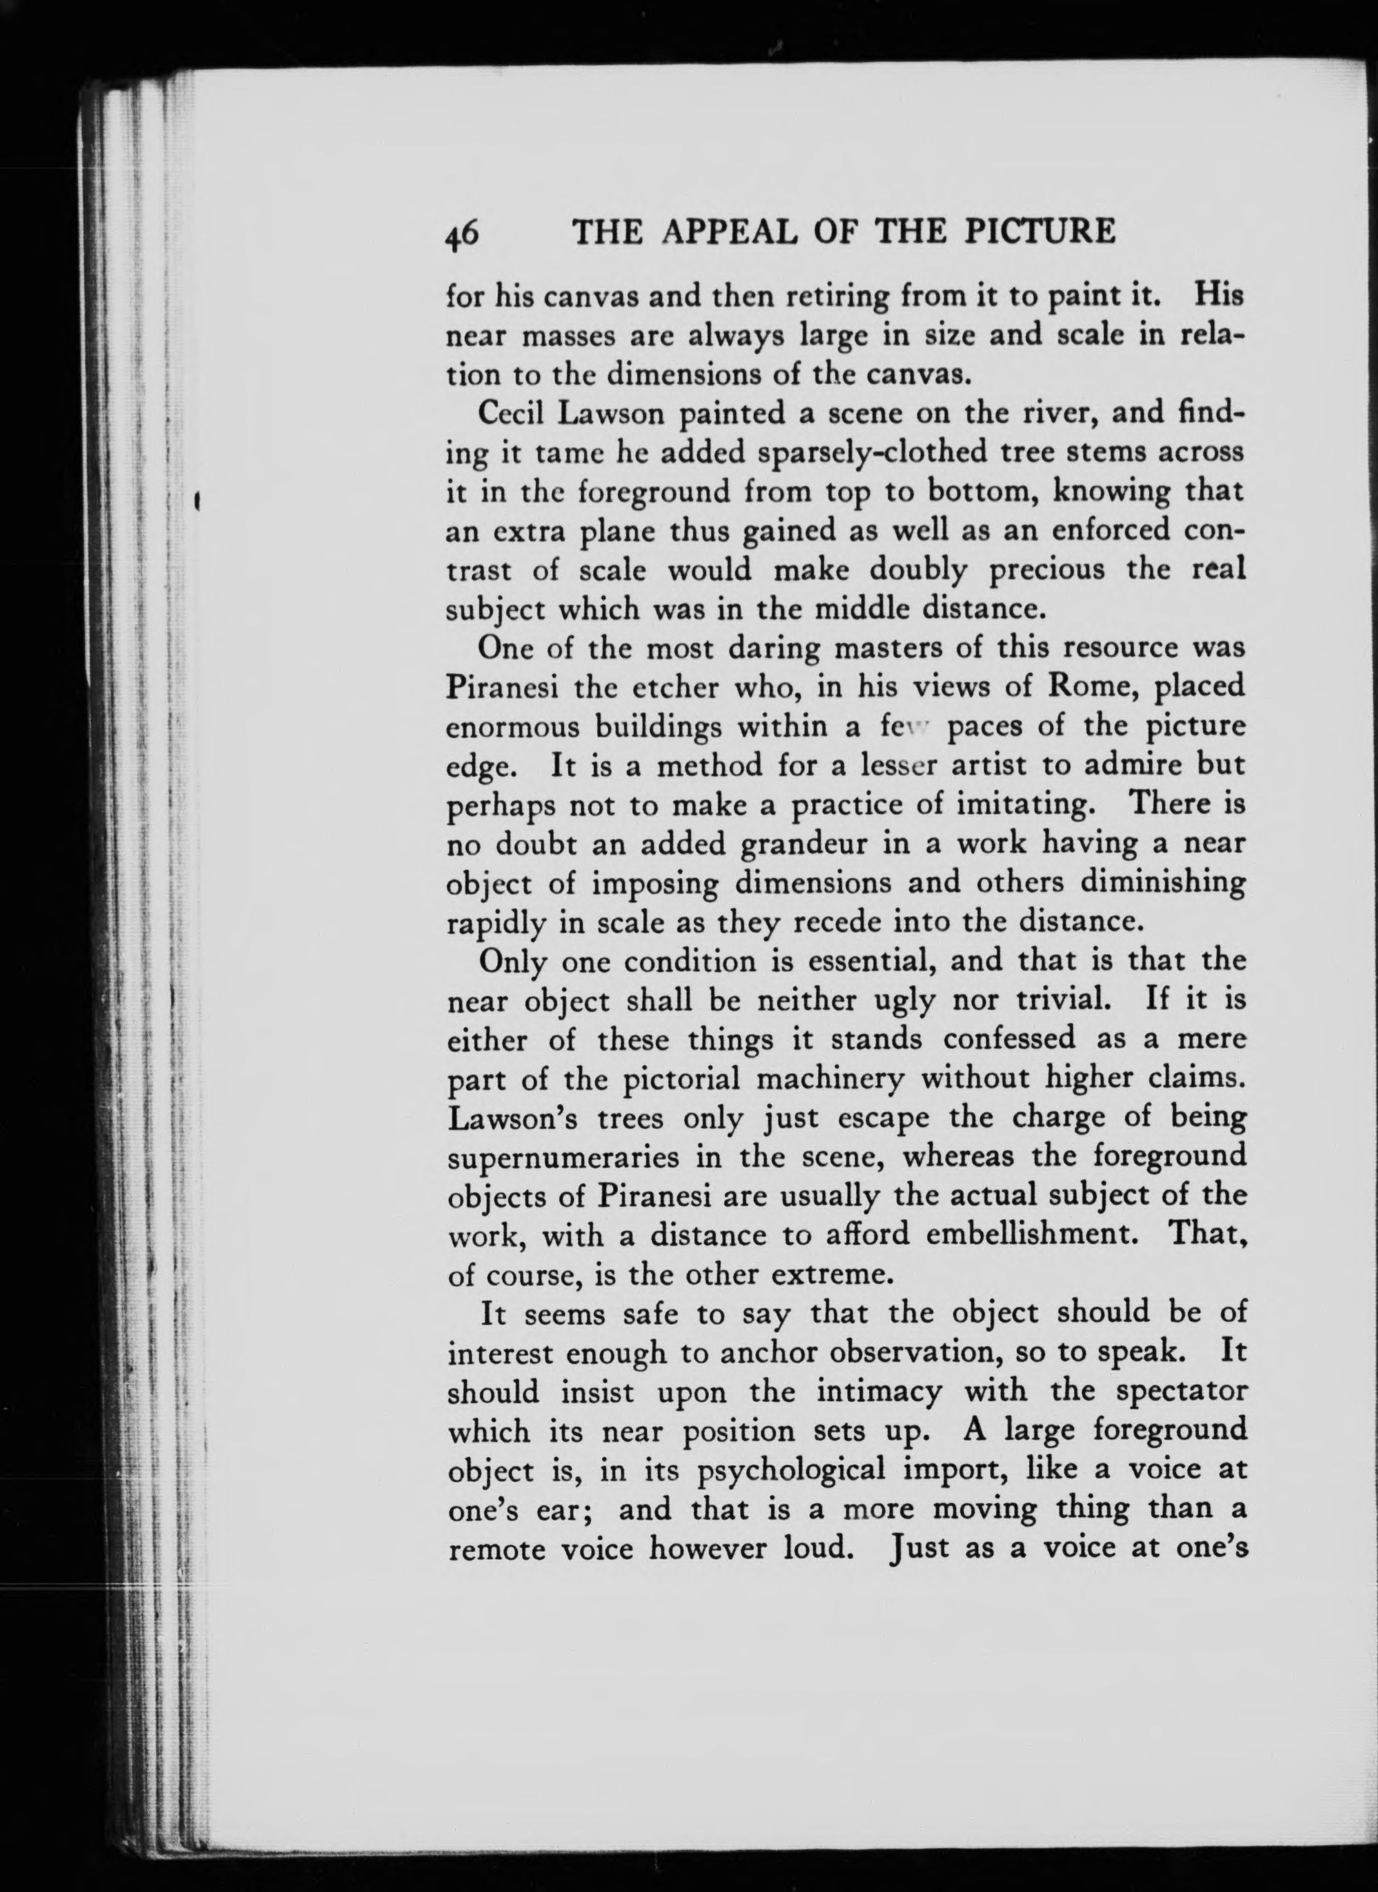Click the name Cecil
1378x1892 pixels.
(509, 413)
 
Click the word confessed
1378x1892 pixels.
(1009, 1039)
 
